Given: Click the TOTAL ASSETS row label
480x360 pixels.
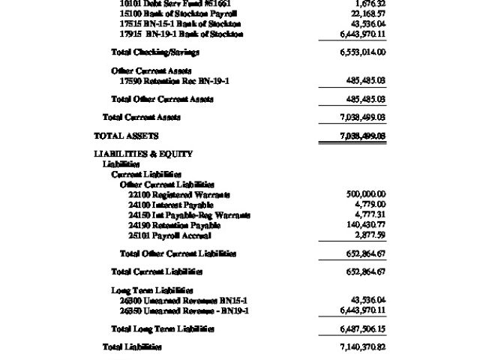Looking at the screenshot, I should tap(126, 136).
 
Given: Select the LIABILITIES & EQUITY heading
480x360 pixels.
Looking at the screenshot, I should tap(143, 154).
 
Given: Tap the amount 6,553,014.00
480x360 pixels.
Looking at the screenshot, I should tap(362, 52).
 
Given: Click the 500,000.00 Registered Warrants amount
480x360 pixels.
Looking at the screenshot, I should tap(365, 194).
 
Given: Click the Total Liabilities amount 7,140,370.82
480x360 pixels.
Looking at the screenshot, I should tap(362, 347).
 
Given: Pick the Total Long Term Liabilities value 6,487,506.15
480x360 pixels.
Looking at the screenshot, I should tap(362, 328).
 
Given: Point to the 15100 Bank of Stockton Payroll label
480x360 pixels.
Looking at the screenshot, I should tap(178, 13).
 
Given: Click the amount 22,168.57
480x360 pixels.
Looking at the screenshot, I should tap(367, 13).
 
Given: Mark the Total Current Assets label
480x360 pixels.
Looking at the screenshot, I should tap(142, 117).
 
